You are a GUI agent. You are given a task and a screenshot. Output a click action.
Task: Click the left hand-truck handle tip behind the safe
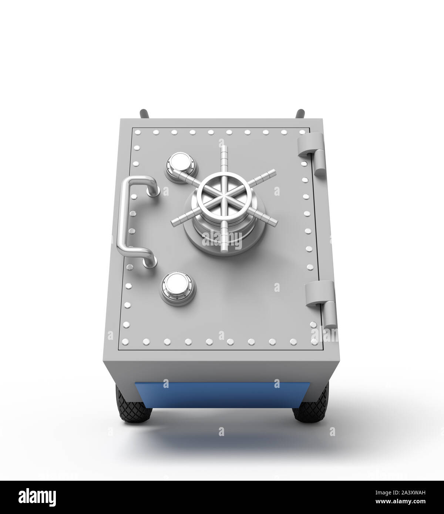click(143, 113)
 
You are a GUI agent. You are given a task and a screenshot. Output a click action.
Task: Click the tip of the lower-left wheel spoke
click(173, 222)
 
